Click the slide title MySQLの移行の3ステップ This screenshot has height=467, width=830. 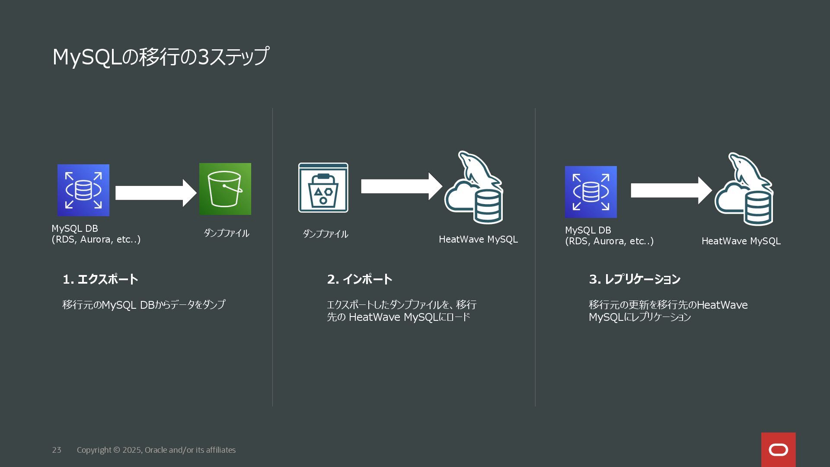click(x=160, y=57)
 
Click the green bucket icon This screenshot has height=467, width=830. click(x=225, y=189)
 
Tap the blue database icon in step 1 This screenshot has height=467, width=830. click(x=83, y=190)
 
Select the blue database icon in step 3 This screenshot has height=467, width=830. click(x=591, y=192)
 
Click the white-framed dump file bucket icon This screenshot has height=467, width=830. click(x=323, y=188)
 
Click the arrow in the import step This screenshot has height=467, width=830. click(x=401, y=186)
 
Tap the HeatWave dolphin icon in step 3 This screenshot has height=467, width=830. click(x=744, y=189)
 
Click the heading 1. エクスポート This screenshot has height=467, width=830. click(x=100, y=279)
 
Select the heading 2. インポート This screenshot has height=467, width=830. click(x=360, y=279)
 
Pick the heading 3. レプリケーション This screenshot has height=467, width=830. click(x=635, y=279)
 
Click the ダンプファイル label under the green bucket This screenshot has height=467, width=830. click(x=226, y=233)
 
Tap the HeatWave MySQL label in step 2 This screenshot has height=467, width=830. click(x=478, y=240)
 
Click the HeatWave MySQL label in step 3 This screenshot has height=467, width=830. click(x=741, y=241)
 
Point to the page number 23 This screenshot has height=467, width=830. click(x=57, y=450)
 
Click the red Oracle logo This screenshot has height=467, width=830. click(x=778, y=450)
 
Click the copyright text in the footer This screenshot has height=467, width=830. click(x=156, y=450)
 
